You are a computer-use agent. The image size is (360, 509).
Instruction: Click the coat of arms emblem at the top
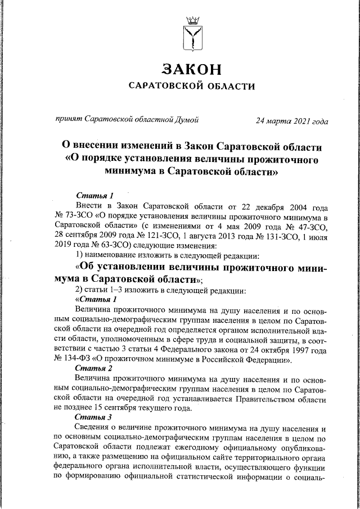[192, 35]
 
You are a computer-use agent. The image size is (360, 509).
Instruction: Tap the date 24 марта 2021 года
[291, 120]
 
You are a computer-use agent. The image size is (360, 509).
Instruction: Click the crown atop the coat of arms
[192, 20]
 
